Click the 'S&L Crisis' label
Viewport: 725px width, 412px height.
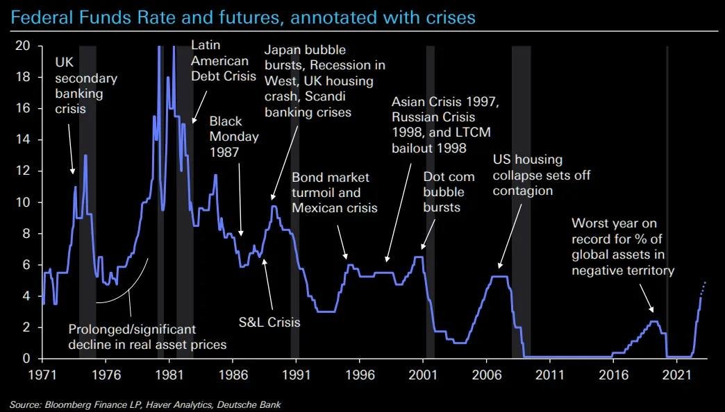pos(271,322)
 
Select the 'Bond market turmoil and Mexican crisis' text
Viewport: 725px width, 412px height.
pos(335,194)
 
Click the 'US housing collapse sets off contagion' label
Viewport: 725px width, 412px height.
pos(542,175)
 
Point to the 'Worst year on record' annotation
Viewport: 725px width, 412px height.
pos(623,247)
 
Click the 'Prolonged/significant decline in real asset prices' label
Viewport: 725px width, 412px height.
pos(147,336)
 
